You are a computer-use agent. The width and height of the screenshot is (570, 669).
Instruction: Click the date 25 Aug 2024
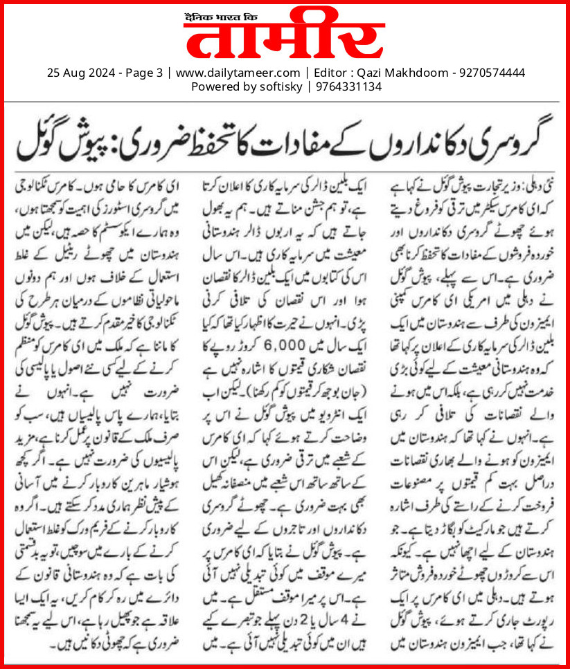click(x=75, y=73)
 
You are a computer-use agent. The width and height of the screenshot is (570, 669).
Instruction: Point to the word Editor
click(x=331, y=73)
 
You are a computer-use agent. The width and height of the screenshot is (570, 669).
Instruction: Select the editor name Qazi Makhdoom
click(x=400, y=73)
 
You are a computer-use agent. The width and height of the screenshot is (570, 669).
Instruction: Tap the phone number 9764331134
click(x=341, y=87)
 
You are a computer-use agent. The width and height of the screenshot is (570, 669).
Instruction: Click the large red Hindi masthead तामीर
click(x=284, y=40)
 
